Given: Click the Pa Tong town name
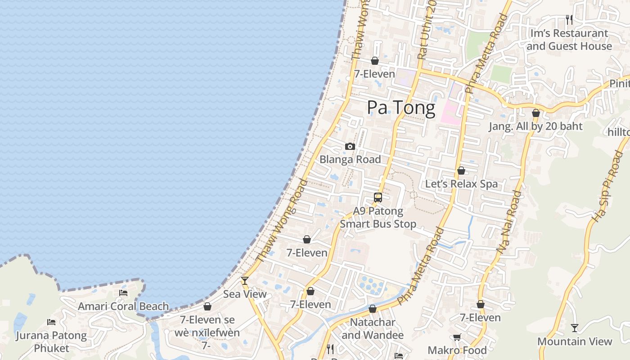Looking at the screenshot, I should pos(401,108).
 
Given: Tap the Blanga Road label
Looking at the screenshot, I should pos(350,159).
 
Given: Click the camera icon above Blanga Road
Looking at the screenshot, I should pos(350,147).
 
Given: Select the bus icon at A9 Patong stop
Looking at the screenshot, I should pos(378,197).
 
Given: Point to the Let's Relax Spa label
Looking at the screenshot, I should pos(461,184).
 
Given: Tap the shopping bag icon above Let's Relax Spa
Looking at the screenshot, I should pos(461,171).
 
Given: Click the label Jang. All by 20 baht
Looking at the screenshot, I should pos(535,126).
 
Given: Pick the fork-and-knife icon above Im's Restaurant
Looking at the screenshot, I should pos(569,19).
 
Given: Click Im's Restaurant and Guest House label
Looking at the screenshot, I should pos(569,40).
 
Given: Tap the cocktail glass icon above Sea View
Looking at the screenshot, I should pos(245,281).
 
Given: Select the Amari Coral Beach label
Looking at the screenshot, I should pos(123,306).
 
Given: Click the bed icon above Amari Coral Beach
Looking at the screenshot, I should pos(123,293).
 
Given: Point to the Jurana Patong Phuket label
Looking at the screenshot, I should pos(51,342).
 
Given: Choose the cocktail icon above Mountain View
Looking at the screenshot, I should pos(575,328).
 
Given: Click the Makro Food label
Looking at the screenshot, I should pos(457,350).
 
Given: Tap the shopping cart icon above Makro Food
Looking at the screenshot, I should pos(457,337).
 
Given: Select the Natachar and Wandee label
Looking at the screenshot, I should pos(373,328).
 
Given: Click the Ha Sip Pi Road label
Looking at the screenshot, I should pos(607,187).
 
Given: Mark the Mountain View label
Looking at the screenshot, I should pos(575,342).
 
